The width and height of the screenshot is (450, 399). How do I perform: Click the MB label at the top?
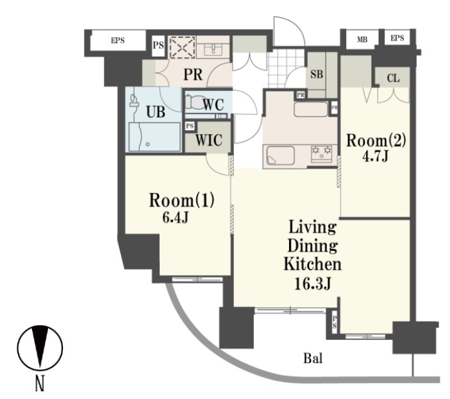(x=362, y=39)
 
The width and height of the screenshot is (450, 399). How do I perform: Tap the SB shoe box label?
(x=317, y=74)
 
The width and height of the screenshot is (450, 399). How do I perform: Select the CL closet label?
(x=393, y=78)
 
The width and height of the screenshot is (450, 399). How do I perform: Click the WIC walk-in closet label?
(x=208, y=140)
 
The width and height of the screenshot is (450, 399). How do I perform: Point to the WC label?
(x=213, y=105)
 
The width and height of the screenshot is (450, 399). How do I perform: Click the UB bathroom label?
(x=156, y=112)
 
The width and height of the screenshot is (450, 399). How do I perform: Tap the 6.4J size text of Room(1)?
(x=176, y=218)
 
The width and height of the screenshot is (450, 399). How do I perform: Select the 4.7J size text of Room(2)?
(x=376, y=157)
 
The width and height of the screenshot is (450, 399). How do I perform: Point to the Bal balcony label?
(x=313, y=358)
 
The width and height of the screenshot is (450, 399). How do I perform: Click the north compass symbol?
(x=40, y=348)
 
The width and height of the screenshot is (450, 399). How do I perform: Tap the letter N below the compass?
(x=40, y=384)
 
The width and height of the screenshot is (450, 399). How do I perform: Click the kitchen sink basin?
(x=280, y=156)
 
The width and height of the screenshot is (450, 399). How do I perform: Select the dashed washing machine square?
(x=182, y=47)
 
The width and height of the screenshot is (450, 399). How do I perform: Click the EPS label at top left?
(x=118, y=40)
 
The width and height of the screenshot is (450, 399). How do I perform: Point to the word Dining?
(x=313, y=246)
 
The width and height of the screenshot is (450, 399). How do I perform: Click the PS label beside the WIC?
(x=190, y=126)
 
